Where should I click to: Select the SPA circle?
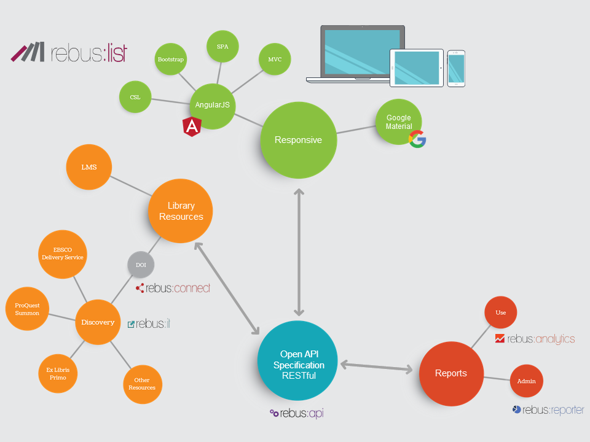(x=222, y=46)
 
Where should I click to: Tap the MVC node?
(x=275, y=60)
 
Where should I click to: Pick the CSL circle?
(x=135, y=97)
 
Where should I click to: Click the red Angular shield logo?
(x=192, y=126)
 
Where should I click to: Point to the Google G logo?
(x=417, y=139)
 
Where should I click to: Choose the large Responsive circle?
(x=299, y=140)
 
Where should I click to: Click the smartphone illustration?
(x=456, y=68)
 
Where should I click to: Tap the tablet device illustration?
(x=416, y=68)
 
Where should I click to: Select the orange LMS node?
(x=89, y=167)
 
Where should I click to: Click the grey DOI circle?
(x=141, y=265)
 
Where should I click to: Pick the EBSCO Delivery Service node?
(x=62, y=254)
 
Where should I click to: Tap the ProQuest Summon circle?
(x=28, y=309)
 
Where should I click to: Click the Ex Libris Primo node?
(x=58, y=374)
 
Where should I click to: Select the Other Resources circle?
(x=142, y=384)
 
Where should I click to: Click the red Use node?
(x=501, y=312)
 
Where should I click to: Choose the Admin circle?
(x=527, y=381)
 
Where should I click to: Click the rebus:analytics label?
(x=535, y=338)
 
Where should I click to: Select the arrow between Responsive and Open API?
(x=299, y=252)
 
